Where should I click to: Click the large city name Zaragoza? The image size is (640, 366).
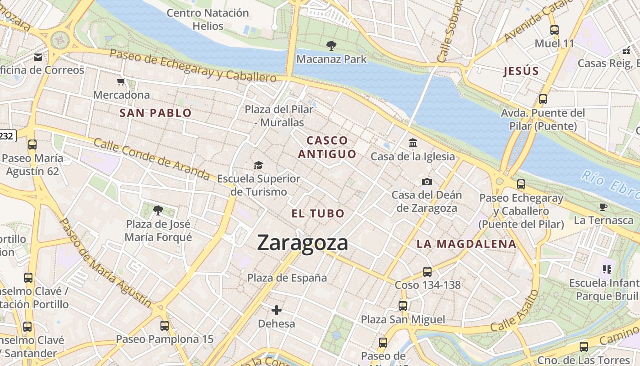(303, 242)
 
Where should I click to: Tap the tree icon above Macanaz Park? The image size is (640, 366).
(331, 45)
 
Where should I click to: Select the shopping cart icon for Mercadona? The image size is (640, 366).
(121, 82)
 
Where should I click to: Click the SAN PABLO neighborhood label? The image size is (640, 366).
(155, 113)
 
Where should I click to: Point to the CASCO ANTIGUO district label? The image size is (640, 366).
(327, 147)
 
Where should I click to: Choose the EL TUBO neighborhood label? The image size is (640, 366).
(318, 213)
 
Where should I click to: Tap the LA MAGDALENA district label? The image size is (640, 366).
(466, 244)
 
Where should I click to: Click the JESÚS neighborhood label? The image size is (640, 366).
(521, 71)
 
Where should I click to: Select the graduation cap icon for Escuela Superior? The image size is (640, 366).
(259, 165)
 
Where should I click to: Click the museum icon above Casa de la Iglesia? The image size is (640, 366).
(413, 143)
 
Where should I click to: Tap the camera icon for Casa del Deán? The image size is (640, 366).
(427, 182)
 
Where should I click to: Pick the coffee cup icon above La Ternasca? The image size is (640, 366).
(603, 207)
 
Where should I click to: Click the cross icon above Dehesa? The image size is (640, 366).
(277, 310)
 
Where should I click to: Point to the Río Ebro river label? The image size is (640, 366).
(610, 184)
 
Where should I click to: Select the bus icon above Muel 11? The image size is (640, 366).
(555, 30)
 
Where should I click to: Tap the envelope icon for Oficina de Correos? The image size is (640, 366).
(38, 57)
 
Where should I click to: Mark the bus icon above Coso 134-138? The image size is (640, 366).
(427, 271)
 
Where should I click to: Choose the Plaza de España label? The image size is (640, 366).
(287, 278)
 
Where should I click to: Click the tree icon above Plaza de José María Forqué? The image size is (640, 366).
(158, 210)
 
